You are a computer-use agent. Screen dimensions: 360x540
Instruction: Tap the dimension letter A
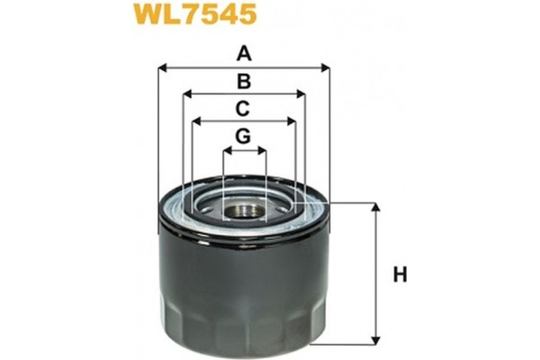(243, 54)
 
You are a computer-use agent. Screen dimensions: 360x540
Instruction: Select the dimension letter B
(243, 82)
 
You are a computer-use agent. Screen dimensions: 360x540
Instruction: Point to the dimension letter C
(243, 110)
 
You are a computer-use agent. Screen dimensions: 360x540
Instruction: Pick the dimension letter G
(243, 137)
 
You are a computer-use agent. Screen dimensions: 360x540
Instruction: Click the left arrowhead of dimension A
(162, 67)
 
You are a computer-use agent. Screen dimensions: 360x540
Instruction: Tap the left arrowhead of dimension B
(186, 94)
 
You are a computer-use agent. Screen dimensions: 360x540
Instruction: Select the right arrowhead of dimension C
(292, 121)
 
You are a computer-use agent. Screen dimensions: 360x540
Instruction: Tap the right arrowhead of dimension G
(264, 149)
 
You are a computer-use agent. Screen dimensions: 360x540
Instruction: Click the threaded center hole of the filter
(245, 212)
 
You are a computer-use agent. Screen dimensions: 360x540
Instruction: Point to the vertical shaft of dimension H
(376, 270)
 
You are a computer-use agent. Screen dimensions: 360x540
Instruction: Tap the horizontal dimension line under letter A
(270, 67)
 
